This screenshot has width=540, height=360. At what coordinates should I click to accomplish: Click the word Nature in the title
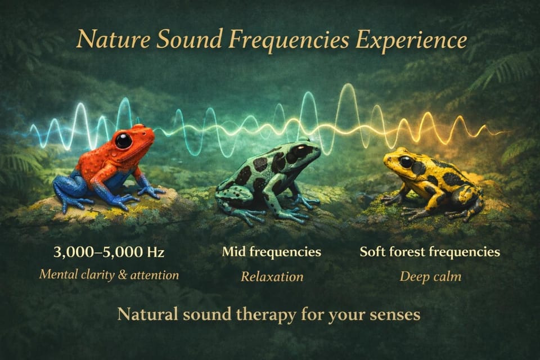click(113, 39)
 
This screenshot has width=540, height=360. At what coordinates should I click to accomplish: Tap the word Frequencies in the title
click(289, 40)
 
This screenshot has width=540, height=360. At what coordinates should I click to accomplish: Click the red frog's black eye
click(123, 141)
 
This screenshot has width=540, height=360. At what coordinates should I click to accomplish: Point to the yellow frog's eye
click(406, 161)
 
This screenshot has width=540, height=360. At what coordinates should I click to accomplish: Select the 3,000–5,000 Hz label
click(109, 252)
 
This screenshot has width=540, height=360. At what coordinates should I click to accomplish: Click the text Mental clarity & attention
click(109, 275)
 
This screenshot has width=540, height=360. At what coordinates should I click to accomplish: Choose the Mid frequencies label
click(272, 252)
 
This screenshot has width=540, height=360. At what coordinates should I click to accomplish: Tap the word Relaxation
click(272, 277)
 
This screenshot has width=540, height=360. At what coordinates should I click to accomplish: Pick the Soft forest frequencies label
click(430, 252)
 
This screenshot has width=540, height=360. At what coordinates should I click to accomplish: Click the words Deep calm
click(430, 277)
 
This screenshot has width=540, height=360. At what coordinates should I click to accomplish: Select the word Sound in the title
click(189, 39)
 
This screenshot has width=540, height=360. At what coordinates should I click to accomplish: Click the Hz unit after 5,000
click(155, 253)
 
